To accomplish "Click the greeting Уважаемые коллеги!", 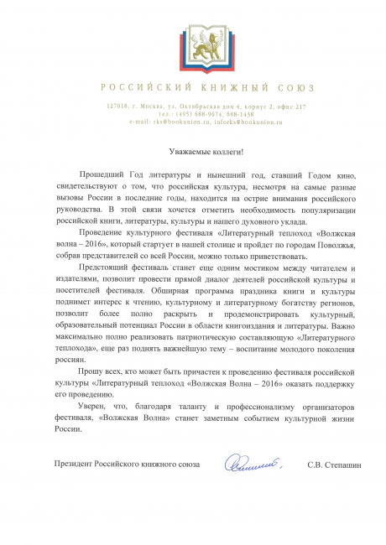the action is tap(194, 151).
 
